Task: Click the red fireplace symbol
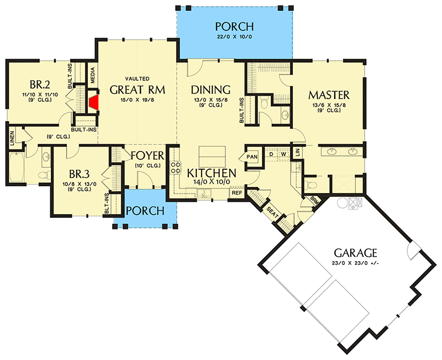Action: click(94, 102)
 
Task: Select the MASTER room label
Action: click(329, 95)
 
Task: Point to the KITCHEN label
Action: click(212, 173)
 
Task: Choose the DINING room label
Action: click(211, 90)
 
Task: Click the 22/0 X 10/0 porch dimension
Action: click(235, 38)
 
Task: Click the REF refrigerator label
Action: click(236, 192)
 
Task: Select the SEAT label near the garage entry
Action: click(272, 211)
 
